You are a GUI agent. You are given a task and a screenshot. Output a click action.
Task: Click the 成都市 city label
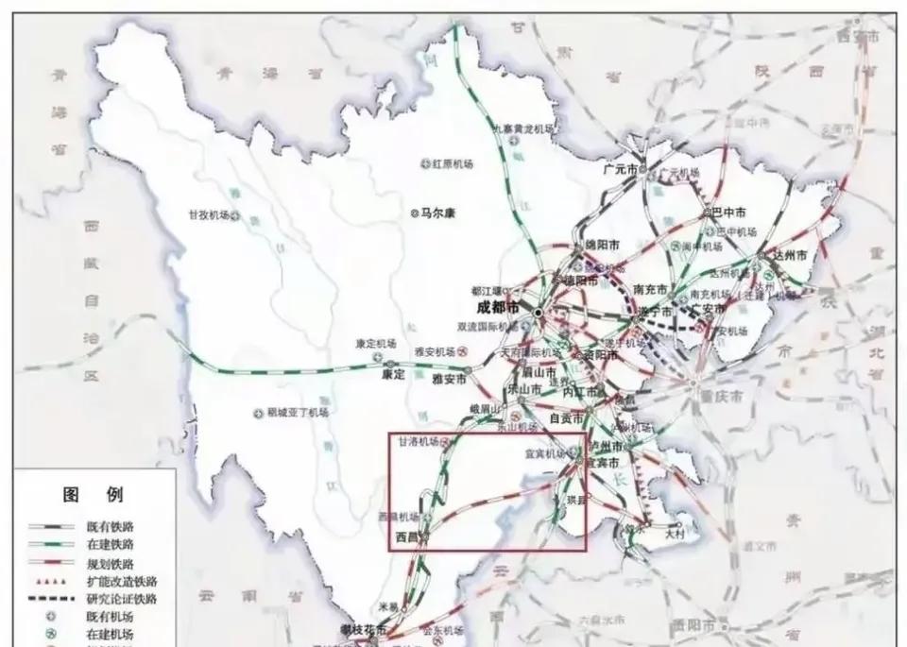499,307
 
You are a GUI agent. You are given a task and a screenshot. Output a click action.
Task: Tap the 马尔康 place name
437,213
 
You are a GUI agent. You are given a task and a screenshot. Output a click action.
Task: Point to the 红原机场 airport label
452,163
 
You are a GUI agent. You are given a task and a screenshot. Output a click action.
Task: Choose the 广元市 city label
621,170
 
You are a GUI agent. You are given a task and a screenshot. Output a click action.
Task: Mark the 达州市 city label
788,256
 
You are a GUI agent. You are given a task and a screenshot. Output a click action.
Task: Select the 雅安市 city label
449,379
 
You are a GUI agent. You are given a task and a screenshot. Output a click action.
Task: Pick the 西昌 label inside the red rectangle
404,536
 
